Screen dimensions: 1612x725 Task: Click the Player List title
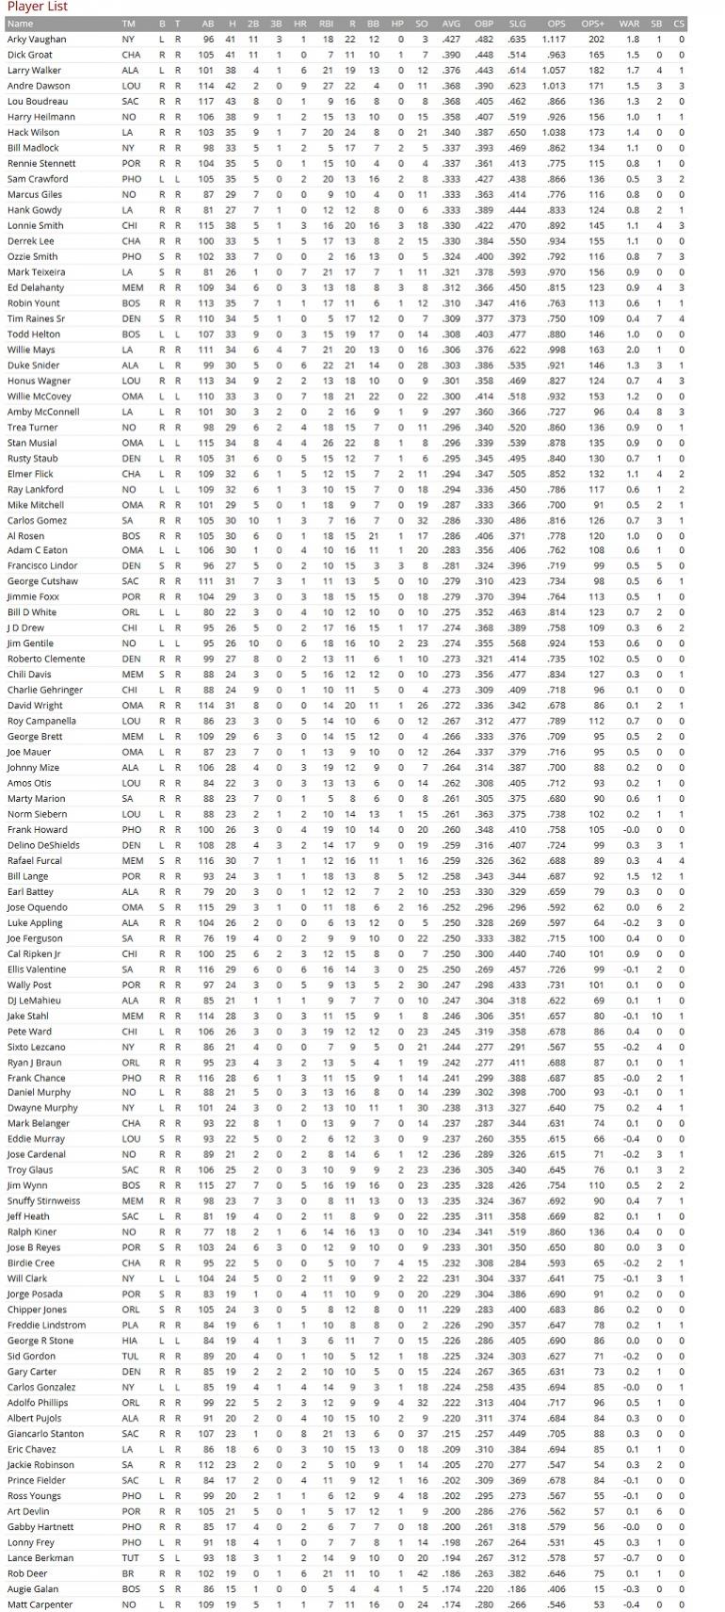pyautogui.click(x=37, y=7)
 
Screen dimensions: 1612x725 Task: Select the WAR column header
pyautogui.click(x=629, y=24)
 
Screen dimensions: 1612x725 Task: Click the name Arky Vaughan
pyautogui.click(x=37, y=40)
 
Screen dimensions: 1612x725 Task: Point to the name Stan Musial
pyautogui.click(x=32, y=443)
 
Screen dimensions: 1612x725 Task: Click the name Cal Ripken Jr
pyautogui.click(x=35, y=954)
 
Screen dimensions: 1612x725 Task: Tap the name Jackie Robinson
pyautogui.click(x=40, y=1465)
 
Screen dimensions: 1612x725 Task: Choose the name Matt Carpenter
pyautogui.click(x=40, y=1604)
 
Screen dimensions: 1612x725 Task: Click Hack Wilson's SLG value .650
pyautogui.click(x=517, y=133)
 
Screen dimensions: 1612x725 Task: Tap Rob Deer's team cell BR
pyautogui.click(x=127, y=1573)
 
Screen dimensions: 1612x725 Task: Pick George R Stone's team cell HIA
pyautogui.click(x=129, y=1341)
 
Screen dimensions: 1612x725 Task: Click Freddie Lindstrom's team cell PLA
pyautogui.click(x=129, y=1326)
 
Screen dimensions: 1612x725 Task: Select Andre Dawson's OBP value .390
pyautogui.click(x=484, y=86)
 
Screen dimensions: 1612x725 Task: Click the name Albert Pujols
pyautogui.click(x=34, y=1419)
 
